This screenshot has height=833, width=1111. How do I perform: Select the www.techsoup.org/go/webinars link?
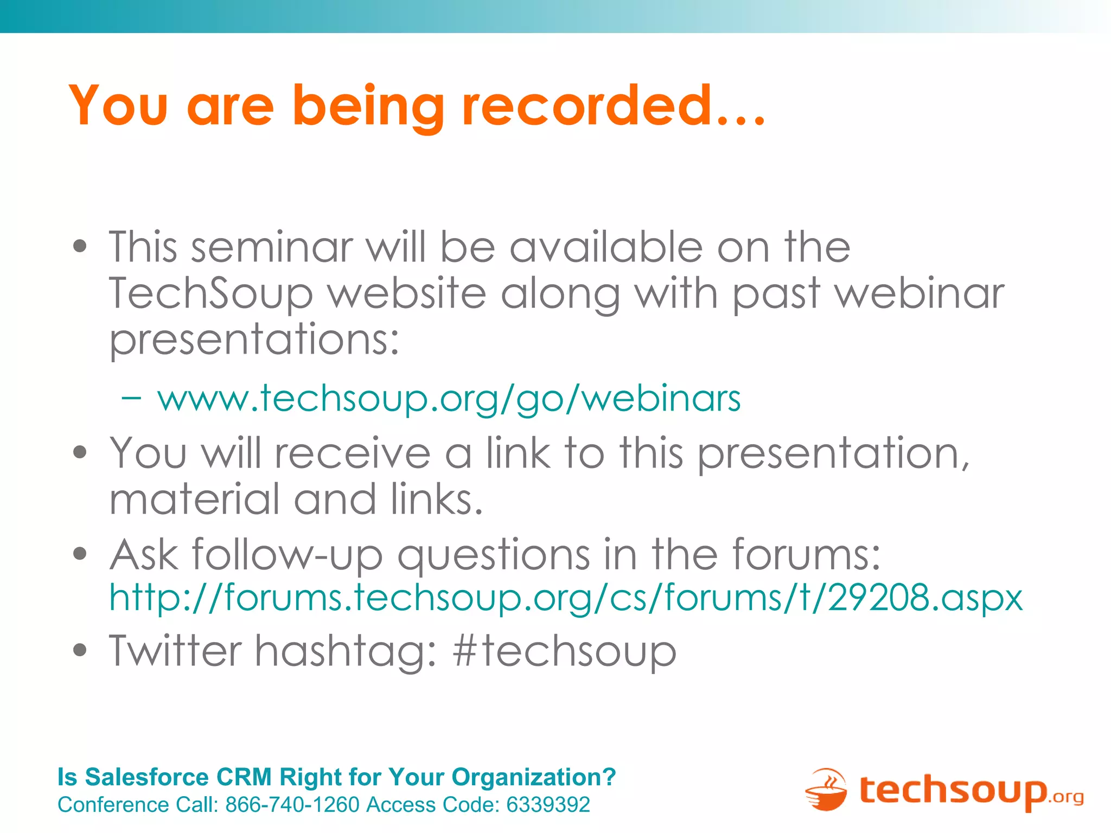click(449, 399)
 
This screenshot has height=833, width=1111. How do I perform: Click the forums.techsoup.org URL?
click(566, 597)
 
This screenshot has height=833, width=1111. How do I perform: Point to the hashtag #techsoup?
click(565, 650)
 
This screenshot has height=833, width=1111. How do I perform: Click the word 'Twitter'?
click(175, 650)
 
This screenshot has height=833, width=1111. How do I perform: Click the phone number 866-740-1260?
click(292, 805)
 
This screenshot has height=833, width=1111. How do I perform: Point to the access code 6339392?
click(548, 805)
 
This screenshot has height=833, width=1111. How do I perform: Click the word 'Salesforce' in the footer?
click(146, 777)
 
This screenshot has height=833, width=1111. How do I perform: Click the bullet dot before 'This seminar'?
click(80, 247)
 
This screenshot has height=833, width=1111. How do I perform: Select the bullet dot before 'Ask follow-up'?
click(80, 554)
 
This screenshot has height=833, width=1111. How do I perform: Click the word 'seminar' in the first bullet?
click(272, 247)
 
